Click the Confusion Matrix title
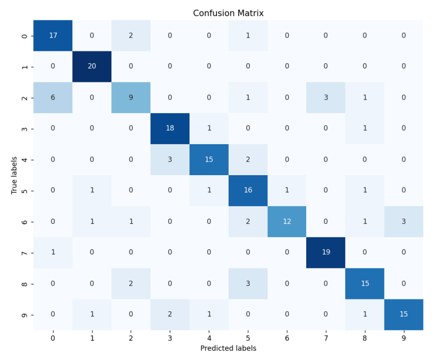point(228,13)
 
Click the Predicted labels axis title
point(228,348)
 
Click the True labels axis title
point(14,175)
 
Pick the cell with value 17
point(52,35)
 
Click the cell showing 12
point(286,222)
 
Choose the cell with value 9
point(131,97)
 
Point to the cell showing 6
point(52,97)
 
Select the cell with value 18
point(170,129)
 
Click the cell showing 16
point(247,191)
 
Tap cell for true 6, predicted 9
point(404,222)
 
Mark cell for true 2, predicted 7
point(326,97)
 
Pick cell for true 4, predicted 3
point(170,160)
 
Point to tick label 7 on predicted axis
point(326,337)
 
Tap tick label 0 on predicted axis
point(52,337)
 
